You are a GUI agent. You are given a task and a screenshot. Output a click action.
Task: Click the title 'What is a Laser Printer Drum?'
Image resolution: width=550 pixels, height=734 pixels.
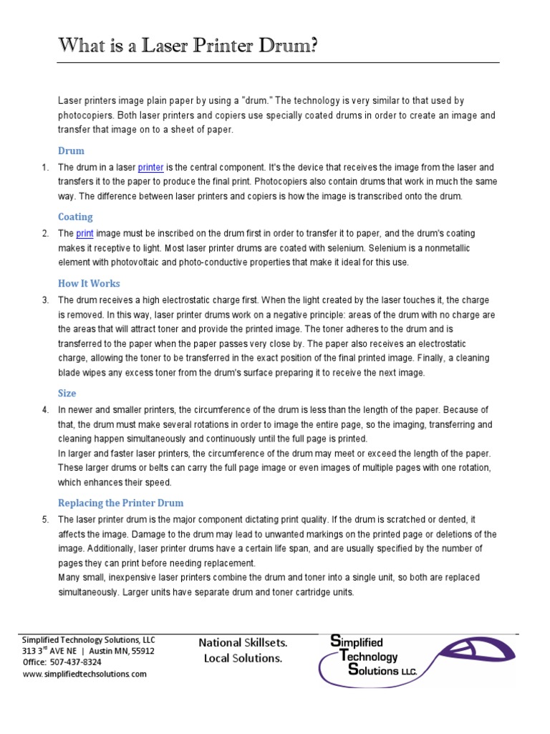pos(188,47)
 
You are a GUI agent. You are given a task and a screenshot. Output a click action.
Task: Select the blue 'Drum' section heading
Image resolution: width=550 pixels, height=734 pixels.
pos(71,151)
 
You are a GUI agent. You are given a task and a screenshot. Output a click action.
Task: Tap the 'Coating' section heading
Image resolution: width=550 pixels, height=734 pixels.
pos(75,216)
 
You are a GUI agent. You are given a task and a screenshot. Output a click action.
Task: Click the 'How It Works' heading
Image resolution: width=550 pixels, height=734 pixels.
pos(89,283)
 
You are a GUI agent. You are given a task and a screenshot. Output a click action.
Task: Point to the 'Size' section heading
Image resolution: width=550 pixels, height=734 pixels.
pos(67,393)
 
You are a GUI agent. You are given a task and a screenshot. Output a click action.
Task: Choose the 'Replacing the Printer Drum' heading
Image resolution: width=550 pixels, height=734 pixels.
pos(120,503)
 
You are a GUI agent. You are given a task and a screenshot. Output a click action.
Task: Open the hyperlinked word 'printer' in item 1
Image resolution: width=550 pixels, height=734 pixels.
pos(150,168)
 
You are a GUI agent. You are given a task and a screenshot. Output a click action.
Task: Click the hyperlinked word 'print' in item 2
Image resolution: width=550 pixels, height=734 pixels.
pos(85,234)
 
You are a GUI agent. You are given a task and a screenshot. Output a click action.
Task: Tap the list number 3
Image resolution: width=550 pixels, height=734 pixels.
pos(45,300)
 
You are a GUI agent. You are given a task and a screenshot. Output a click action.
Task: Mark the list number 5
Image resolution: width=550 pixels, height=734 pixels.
pos(45,520)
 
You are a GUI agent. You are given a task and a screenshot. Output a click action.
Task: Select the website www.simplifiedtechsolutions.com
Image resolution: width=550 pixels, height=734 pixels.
pos(85,674)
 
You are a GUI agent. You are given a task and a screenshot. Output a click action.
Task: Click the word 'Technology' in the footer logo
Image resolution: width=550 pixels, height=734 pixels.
pos(370,656)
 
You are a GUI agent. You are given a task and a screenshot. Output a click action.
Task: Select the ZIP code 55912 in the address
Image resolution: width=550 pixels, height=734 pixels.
pos(140,651)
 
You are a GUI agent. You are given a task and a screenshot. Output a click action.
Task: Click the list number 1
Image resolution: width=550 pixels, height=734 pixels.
pos(45,168)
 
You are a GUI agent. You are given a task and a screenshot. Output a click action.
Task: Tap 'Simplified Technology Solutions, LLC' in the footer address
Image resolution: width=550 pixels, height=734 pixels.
pos(88,639)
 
